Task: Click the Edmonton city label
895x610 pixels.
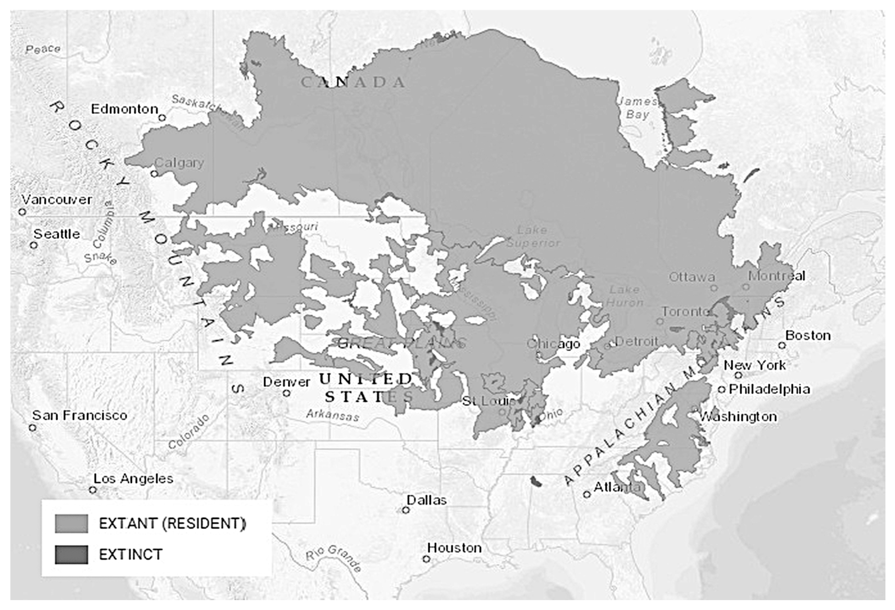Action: (124, 109)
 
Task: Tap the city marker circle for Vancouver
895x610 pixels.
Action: (22, 212)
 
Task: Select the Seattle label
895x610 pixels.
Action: (57, 234)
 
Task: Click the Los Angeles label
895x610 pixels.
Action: (133, 479)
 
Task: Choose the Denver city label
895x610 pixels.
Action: (286, 382)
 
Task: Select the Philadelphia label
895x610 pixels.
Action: (769, 389)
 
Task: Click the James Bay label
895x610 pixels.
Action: (637, 108)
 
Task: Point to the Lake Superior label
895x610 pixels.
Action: (532, 237)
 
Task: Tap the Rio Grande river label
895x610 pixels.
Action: (333, 558)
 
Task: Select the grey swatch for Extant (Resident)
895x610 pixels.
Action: (71, 524)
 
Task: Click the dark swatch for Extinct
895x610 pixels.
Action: (71, 555)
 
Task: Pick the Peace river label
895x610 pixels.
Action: (43, 49)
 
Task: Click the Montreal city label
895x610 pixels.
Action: (776, 276)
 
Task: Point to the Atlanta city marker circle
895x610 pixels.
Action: (587, 494)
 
